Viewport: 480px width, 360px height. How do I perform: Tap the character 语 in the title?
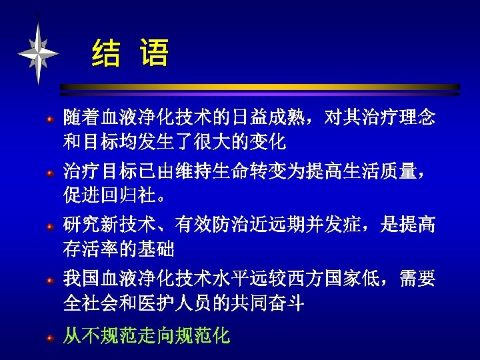[x=155, y=54]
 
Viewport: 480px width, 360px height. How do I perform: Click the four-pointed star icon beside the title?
[x=38, y=52]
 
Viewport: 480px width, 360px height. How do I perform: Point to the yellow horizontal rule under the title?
[x=260, y=87]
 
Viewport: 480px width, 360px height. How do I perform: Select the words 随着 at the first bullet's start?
[x=81, y=119]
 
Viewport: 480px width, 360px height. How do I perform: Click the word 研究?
[x=81, y=225]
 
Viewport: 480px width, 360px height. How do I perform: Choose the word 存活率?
[x=91, y=249]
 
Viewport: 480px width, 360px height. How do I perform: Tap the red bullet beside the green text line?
[x=49, y=338]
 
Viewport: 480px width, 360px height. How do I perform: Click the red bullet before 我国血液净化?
[x=49, y=281]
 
